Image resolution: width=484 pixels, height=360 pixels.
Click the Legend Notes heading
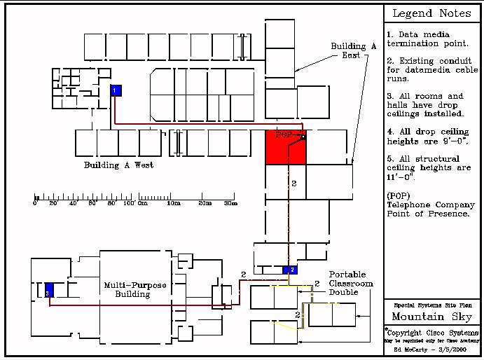pyautogui.click(x=432, y=13)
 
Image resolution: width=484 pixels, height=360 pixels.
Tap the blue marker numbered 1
pyautogui.click(x=116, y=90)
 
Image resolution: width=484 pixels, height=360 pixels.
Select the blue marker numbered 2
pyautogui.click(x=291, y=270)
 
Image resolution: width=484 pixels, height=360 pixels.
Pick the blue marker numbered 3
pyautogui.click(x=49, y=291)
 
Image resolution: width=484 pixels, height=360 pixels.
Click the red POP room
pyautogui.click(x=285, y=148)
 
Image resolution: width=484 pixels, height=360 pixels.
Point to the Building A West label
pyautogui.click(x=118, y=165)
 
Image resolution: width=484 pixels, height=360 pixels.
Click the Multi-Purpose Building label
pyautogui.click(x=127, y=289)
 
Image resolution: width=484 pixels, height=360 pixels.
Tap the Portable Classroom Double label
pyautogui.click(x=351, y=283)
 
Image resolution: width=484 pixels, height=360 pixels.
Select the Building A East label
pyautogui.click(x=354, y=50)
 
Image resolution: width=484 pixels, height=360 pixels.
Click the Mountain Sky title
pyautogui.click(x=431, y=317)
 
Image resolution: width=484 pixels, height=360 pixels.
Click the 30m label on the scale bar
pyautogui.click(x=230, y=203)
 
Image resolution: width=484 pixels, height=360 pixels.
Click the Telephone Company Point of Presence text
pyautogui.click(x=428, y=209)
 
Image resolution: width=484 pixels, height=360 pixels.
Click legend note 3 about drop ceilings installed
pyautogui.click(x=428, y=105)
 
